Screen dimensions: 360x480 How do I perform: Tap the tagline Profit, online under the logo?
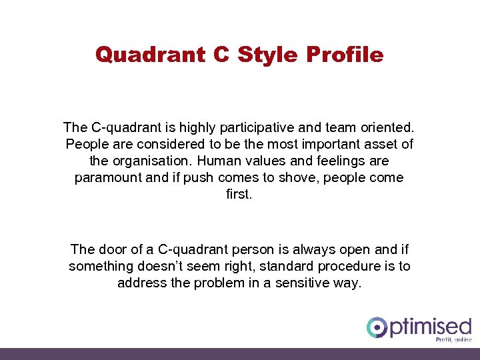453,339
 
